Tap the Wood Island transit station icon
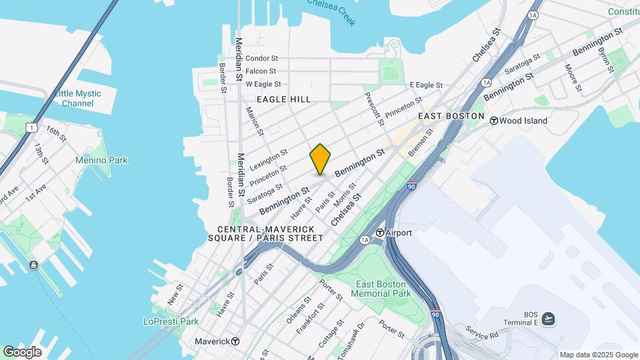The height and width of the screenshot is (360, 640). [x=494, y=121]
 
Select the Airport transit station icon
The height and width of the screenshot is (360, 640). [x=380, y=233]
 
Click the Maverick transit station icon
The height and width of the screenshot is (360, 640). [x=235, y=341]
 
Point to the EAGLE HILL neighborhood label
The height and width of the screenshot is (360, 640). [x=284, y=99]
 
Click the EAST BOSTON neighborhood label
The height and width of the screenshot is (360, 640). [x=451, y=116]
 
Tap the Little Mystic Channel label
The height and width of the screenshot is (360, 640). [x=77, y=98]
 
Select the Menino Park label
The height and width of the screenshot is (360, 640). [x=101, y=160]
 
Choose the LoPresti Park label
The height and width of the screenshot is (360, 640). [x=171, y=321]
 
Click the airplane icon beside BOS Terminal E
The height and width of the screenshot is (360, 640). [x=547, y=318]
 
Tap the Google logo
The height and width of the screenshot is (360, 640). [x=22, y=352]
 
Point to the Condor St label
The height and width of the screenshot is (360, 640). [x=261, y=58]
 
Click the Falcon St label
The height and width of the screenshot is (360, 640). [x=261, y=71]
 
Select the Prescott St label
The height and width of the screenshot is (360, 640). [x=374, y=108]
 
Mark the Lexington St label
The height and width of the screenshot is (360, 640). [x=269, y=158]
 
